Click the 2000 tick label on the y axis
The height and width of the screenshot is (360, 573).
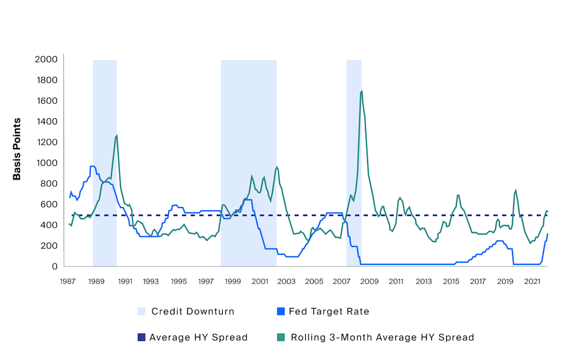pyautogui.click(x=46, y=59)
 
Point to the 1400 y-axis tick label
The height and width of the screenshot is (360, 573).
pyautogui.click(x=46, y=122)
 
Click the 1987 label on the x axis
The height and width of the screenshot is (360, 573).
pyautogui.click(x=67, y=281)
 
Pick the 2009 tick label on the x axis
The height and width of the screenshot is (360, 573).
pyautogui.click(x=369, y=281)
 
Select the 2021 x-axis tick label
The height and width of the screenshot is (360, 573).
pyautogui.click(x=533, y=281)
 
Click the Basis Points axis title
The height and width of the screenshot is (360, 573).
pyautogui.click(x=17, y=149)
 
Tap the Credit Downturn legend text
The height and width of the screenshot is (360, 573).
pyautogui.click(x=193, y=312)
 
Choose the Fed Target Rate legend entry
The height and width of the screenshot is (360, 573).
pyautogui.click(x=329, y=312)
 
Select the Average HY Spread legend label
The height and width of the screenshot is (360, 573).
pyautogui.click(x=198, y=337)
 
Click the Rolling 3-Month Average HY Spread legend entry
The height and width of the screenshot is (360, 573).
pyautogui.click(x=382, y=337)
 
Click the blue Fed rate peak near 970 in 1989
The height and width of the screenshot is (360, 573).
pyautogui.click(x=92, y=166)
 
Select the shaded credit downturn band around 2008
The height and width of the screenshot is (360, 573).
pyautogui.click(x=354, y=159)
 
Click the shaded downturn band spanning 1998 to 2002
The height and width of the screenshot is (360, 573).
pyautogui.click(x=248, y=133)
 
